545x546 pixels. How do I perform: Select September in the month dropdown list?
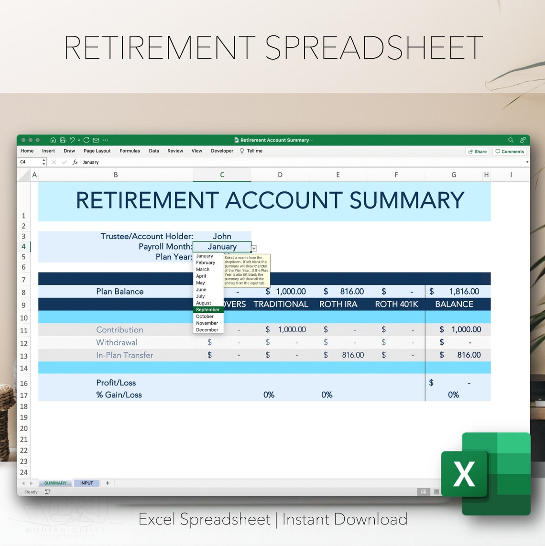click(x=208, y=310)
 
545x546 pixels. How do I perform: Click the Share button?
click(x=477, y=152)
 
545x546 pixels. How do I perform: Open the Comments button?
click(x=510, y=152)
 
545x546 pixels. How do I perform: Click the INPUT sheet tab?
click(x=87, y=483)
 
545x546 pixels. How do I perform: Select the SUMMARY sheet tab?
click(x=55, y=483)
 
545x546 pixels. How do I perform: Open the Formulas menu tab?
click(x=130, y=151)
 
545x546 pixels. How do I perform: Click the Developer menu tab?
click(x=222, y=151)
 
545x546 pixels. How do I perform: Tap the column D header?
click(x=280, y=175)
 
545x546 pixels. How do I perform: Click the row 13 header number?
click(x=24, y=356)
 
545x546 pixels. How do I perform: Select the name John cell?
click(x=222, y=236)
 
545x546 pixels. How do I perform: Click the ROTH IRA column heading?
click(x=338, y=304)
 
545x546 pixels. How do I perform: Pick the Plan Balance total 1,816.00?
click(x=464, y=292)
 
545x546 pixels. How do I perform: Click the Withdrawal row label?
click(x=117, y=342)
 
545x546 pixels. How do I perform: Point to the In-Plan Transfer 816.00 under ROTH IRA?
click(x=352, y=355)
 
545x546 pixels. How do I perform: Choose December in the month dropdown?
click(x=207, y=330)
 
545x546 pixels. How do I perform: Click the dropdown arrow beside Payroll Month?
click(x=254, y=248)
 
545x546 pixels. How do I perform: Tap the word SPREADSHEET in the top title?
click(x=373, y=48)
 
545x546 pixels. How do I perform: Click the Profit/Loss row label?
click(x=116, y=382)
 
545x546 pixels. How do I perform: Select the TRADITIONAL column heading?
click(x=281, y=304)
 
